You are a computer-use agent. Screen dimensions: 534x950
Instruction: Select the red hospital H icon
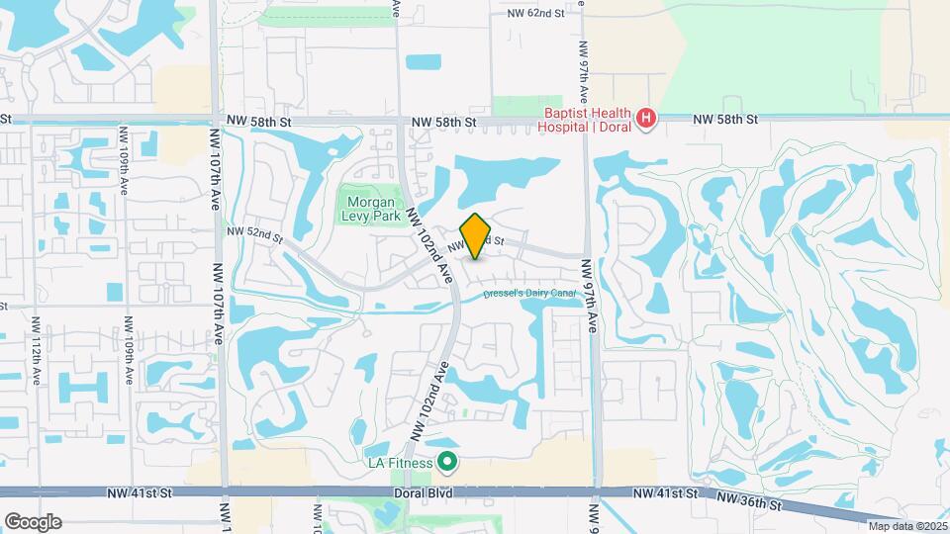[x=645, y=120]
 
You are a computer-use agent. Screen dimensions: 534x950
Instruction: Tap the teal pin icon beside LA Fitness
[x=447, y=462]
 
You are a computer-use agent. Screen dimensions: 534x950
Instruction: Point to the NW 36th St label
[x=749, y=503]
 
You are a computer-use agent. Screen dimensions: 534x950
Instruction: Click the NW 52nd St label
[x=254, y=234]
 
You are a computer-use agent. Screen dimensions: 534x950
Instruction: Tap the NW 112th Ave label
[x=35, y=351]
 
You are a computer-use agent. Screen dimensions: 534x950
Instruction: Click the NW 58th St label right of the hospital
[x=725, y=119]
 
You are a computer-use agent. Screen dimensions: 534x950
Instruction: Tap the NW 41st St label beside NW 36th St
[x=665, y=492]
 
